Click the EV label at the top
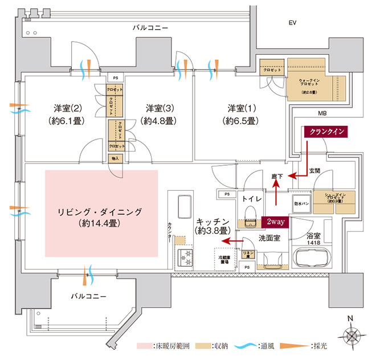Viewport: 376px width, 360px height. coord(293,23)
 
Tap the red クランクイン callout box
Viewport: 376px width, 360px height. coord(326,131)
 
